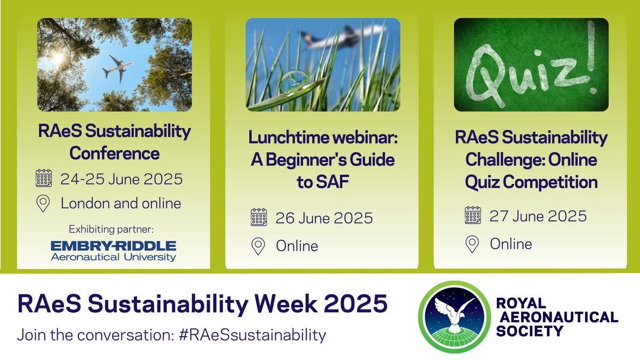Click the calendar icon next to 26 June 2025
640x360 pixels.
(259, 218)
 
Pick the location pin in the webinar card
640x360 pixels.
(259, 246)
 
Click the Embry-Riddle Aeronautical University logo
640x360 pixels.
(113, 251)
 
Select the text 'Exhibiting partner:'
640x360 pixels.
(110, 230)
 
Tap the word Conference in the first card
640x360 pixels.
(115, 154)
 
